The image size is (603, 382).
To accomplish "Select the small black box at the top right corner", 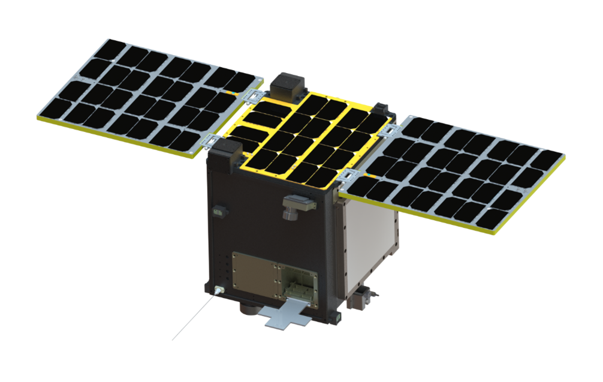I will tap(382, 110).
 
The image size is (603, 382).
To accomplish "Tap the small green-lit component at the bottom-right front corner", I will tap(339, 313).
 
